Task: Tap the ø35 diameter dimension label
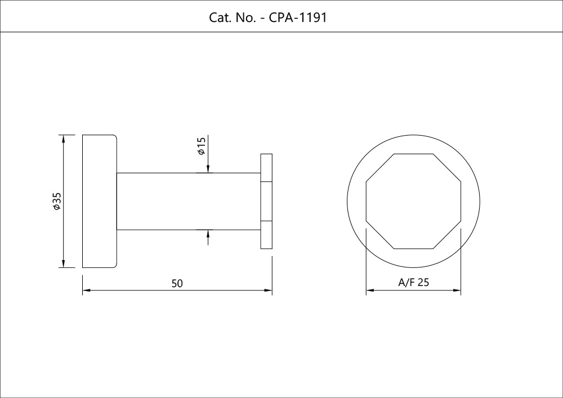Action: tap(56, 201)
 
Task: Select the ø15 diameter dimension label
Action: tap(201, 147)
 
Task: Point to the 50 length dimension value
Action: tap(177, 284)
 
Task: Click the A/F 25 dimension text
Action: tap(414, 283)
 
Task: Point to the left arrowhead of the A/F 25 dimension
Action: tap(370, 291)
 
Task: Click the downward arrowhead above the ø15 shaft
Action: tap(208, 168)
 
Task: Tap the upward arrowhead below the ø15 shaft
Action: tap(208, 234)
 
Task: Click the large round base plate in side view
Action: tap(99, 201)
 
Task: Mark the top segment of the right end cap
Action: tap(266, 167)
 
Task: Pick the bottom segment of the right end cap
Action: tap(266, 235)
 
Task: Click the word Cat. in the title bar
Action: tap(220, 17)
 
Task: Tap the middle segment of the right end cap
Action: tap(266, 201)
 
